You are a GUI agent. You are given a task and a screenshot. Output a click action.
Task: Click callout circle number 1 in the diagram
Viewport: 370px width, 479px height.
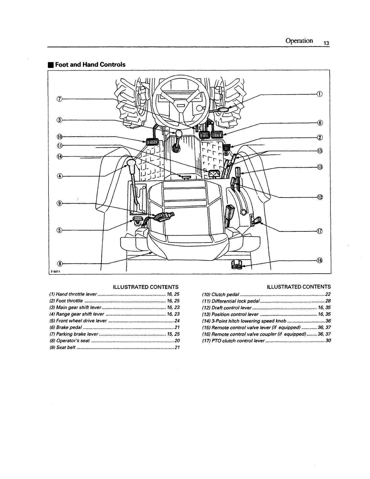[x=320, y=94]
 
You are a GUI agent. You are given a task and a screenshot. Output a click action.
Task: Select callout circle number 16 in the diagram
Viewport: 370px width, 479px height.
[x=320, y=260]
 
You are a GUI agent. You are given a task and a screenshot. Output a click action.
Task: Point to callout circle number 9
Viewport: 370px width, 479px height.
[x=60, y=204]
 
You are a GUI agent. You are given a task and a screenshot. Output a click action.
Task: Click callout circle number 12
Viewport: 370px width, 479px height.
[x=320, y=197]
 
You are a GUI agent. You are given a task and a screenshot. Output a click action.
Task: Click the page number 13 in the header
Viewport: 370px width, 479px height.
[x=326, y=43]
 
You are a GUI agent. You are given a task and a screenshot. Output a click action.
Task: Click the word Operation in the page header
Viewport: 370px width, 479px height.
[x=299, y=41]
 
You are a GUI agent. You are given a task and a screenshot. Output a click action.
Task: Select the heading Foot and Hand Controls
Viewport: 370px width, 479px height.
[x=90, y=65]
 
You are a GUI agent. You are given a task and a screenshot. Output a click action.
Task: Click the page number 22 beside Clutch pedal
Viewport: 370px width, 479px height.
[x=327, y=295]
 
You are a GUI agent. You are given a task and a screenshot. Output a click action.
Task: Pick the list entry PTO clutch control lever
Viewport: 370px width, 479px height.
[x=238, y=341]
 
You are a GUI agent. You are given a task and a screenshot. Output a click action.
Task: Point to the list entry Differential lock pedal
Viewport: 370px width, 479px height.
[x=236, y=301]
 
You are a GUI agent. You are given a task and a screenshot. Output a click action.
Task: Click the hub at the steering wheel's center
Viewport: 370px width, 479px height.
[x=181, y=106]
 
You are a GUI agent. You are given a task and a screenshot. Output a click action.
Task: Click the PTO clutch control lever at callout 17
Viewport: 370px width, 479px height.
[x=258, y=221]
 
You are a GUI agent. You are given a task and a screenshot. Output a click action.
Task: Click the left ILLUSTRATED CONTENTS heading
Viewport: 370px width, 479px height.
[x=145, y=287]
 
